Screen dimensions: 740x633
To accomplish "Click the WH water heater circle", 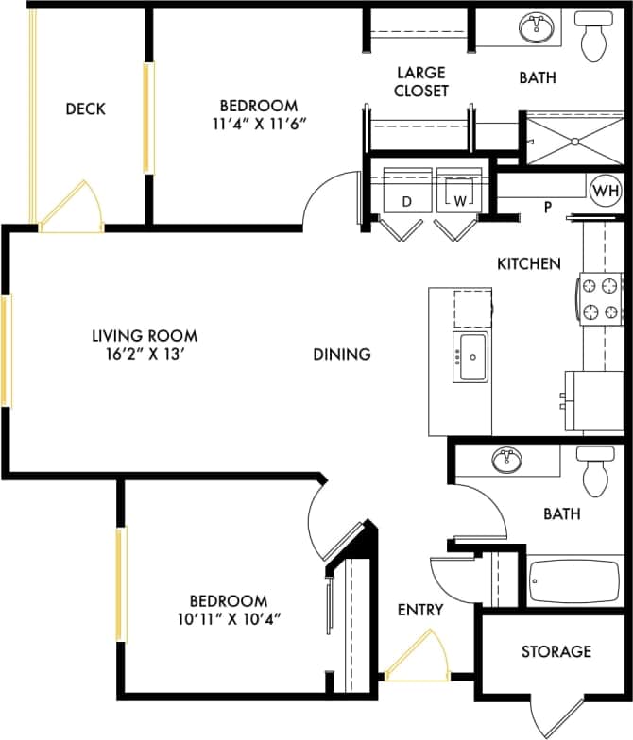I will coord(606,191).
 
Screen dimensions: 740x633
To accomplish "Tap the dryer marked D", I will coord(407,192).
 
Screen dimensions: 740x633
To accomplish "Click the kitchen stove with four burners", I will coord(601,297).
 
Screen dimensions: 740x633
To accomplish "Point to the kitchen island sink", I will coord(470,357).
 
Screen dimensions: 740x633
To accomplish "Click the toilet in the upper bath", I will coord(595,36).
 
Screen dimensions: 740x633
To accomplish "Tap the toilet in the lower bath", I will coord(595,472).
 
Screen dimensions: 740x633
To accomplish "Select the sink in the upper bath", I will coord(539,28).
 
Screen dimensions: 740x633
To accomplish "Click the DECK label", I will coord(85,109).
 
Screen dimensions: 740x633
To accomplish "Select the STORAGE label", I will coord(556,651).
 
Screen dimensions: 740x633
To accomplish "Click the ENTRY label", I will coord(419,610).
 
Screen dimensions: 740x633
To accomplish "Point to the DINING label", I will coord(342,355).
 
